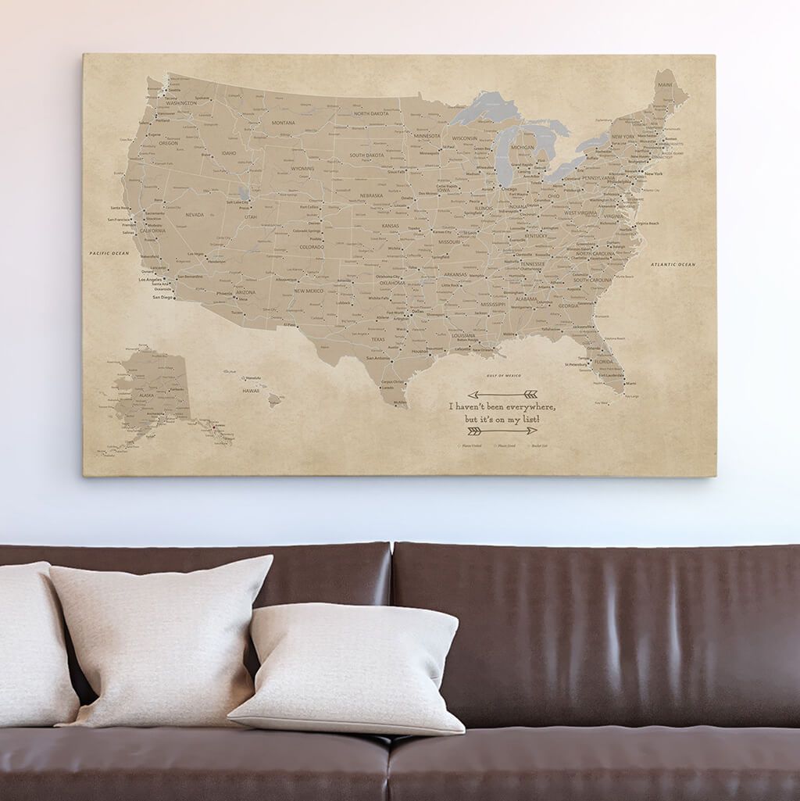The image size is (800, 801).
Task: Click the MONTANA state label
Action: point(283,123)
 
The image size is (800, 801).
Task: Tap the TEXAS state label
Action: point(378,340)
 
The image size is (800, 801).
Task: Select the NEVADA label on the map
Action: point(194,215)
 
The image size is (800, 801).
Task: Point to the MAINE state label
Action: point(665,83)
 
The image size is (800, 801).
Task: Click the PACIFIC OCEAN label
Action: point(109,253)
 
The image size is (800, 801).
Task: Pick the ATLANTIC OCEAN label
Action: point(673,265)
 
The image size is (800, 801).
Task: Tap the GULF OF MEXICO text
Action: point(503,377)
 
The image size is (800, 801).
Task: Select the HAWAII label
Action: point(250,390)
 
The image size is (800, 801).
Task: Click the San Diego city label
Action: point(163,298)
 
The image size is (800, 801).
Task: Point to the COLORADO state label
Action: point(311,247)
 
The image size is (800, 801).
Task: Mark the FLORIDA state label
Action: point(602,363)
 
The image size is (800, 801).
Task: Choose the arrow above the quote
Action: point(502,395)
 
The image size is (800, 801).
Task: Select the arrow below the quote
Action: point(502,431)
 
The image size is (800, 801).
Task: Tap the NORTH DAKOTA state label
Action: point(371,114)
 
